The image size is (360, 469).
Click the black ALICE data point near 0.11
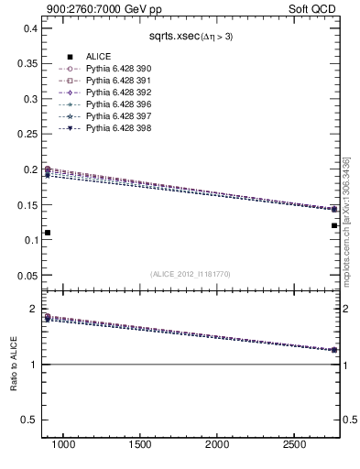click(48, 233)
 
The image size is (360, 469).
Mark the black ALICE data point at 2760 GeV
click(334, 225)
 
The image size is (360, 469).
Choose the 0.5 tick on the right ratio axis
click(348, 420)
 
